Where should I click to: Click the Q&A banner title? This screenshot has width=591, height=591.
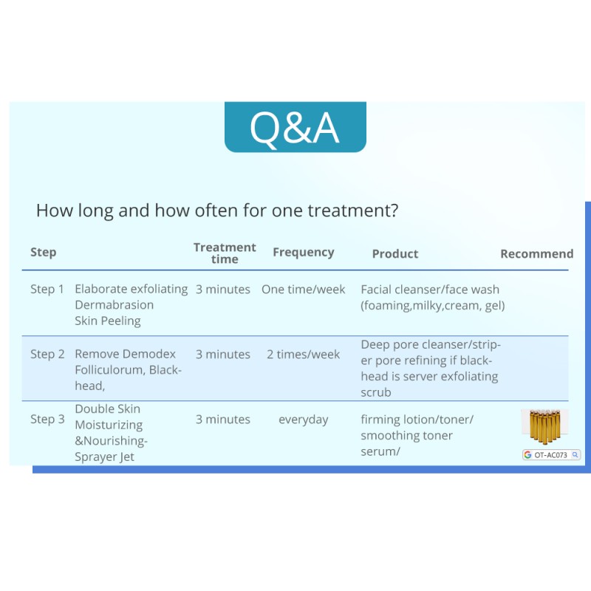(x=295, y=127)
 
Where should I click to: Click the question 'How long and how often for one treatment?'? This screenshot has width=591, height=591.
(x=217, y=211)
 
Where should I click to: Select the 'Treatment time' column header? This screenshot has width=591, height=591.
(x=225, y=253)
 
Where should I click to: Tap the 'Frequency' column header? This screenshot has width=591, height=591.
(x=304, y=252)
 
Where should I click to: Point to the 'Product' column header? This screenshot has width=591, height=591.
(x=395, y=253)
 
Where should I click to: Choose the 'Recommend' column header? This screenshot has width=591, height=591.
(x=537, y=253)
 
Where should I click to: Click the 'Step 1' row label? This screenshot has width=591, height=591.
(x=47, y=289)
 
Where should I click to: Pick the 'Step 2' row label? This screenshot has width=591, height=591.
(x=47, y=355)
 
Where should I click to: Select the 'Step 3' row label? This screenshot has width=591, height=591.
(x=47, y=419)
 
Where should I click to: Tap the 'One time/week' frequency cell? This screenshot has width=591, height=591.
(x=304, y=289)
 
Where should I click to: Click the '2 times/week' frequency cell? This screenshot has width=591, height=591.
(x=304, y=355)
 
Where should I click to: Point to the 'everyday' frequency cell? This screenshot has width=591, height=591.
(x=304, y=420)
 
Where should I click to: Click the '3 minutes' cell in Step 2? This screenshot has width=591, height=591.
(x=223, y=355)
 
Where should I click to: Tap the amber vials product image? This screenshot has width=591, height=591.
(x=545, y=427)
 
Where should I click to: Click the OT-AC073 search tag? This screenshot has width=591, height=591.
(x=551, y=455)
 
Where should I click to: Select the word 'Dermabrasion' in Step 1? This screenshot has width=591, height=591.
(x=115, y=304)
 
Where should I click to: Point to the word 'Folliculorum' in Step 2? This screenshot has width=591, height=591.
(x=110, y=370)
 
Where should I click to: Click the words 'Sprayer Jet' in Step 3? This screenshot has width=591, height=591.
(x=104, y=457)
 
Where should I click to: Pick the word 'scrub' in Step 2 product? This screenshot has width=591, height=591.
(x=376, y=392)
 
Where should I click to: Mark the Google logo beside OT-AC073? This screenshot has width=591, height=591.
(x=527, y=455)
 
